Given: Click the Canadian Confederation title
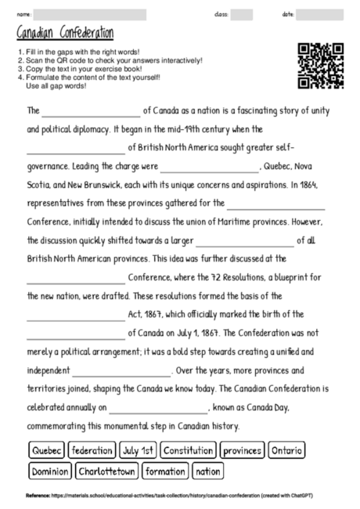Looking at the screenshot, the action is click(x=64, y=33).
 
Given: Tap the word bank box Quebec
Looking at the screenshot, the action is click(x=45, y=451).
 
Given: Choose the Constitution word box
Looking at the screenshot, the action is click(x=188, y=451).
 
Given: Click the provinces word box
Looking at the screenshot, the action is click(x=241, y=451).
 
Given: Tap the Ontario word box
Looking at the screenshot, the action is click(x=286, y=451).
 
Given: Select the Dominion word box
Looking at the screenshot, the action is click(x=50, y=471).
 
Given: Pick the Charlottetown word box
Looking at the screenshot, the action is click(x=106, y=471).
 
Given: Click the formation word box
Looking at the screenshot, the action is click(x=165, y=471).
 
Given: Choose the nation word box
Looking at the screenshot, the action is click(x=207, y=471).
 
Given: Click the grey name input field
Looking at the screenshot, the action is click(x=90, y=14).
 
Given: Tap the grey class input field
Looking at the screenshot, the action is click(x=242, y=14).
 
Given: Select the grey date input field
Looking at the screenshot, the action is click(x=320, y=14).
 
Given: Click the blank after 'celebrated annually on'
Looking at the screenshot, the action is click(x=159, y=407).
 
